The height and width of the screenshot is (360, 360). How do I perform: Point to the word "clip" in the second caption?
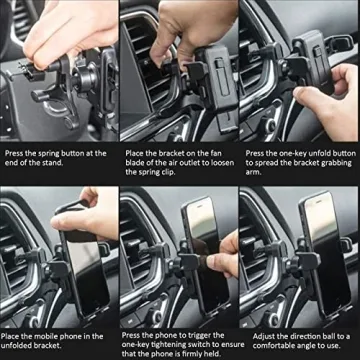(x=167, y=173)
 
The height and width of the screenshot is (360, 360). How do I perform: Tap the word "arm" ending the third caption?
(x=253, y=173)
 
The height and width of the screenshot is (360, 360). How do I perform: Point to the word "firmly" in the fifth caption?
(x=191, y=354)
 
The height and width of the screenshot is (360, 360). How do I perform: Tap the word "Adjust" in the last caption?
(x=264, y=337)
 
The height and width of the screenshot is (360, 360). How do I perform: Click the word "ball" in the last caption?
(x=336, y=336)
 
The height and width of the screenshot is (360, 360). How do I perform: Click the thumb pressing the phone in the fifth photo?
(x=216, y=261)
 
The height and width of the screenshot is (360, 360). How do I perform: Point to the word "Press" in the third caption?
(x=254, y=154)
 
